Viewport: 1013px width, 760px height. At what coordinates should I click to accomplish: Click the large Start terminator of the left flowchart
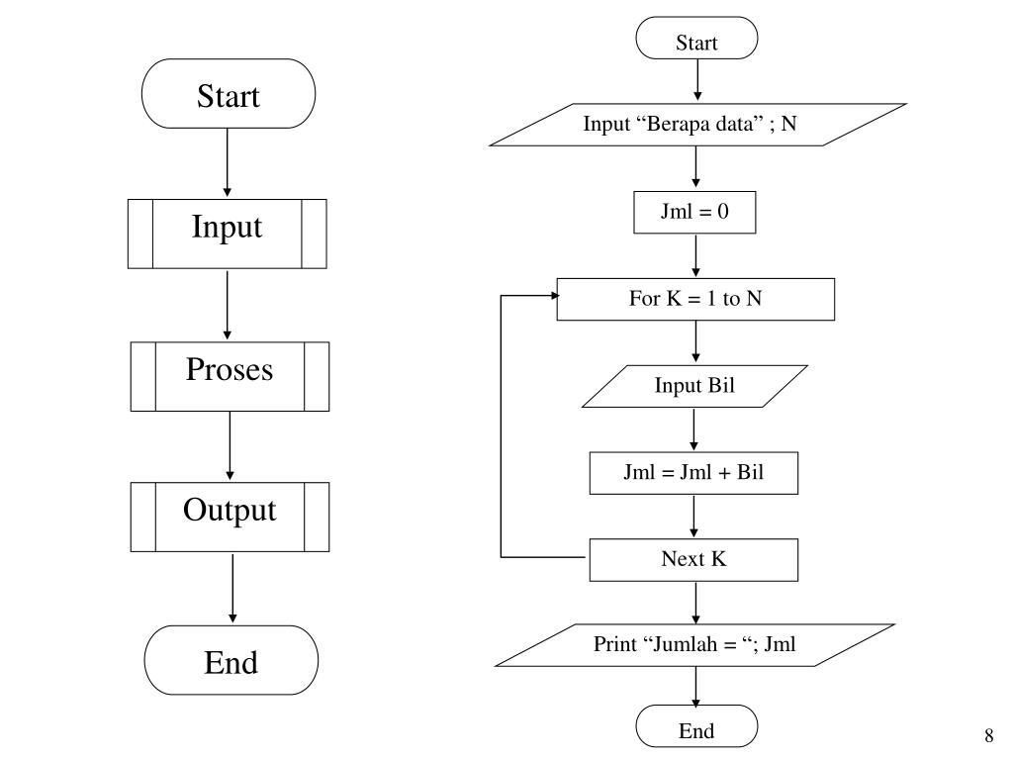click(229, 94)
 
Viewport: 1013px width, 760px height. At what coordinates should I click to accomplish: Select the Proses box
click(230, 376)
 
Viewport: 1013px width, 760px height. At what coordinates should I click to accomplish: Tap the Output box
click(230, 517)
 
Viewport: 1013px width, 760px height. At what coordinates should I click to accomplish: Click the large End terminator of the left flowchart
click(231, 660)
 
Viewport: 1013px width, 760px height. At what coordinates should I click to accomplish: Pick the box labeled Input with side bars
click(228, 234)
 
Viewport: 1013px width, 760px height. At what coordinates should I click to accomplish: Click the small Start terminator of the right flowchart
click(696, 39)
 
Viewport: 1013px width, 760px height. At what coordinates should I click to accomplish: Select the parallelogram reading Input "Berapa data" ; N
click(697, 125)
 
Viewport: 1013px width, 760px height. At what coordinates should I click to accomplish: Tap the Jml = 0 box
click(694, 212)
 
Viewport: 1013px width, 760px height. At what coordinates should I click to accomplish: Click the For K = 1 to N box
click(695, 299)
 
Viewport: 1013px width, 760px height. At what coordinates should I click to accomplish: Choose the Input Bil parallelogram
click(694, 387)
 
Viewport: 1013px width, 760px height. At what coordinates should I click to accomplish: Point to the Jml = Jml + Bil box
click(693, 473)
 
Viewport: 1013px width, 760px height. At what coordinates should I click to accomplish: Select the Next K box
click(693, 560)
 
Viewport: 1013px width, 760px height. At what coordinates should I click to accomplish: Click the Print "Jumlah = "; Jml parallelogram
click(694, 645)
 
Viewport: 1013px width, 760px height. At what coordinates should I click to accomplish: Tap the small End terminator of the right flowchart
click(696, 725)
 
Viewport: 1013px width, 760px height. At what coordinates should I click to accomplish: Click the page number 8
click(989, 735)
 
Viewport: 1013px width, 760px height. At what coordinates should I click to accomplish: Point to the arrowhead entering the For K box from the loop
click(555, 295)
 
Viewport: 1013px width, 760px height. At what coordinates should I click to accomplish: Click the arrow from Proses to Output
click(230, 446)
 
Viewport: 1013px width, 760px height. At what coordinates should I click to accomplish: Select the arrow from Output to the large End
click(232, 588)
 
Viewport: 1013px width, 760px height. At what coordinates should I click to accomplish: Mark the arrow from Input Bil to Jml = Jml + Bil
click(693, 429)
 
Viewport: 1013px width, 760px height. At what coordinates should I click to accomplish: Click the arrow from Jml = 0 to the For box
click(695, 256)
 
